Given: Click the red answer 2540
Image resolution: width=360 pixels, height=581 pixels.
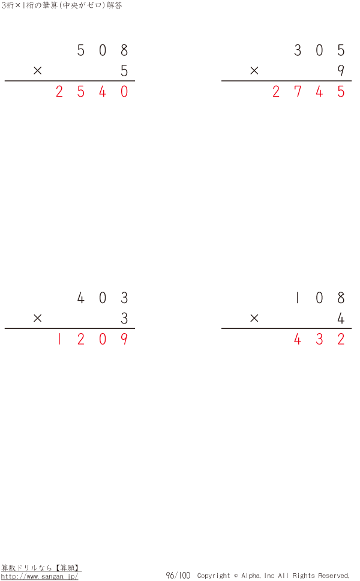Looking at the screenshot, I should point(91,92).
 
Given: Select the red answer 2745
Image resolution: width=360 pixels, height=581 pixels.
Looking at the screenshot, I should point(308,92).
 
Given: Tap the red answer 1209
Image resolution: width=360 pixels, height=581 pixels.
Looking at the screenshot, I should point(91,340).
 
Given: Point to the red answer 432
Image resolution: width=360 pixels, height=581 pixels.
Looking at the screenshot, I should point(319,340).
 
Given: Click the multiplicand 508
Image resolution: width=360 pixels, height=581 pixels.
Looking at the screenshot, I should point(103,50).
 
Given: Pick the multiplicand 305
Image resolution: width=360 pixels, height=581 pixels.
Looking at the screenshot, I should point(319,50).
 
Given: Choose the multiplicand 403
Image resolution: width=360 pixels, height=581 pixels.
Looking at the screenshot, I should point(103,298).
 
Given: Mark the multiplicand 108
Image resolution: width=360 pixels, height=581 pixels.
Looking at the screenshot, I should point(319,298).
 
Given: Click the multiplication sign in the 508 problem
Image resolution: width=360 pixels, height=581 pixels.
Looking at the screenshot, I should point(38,71).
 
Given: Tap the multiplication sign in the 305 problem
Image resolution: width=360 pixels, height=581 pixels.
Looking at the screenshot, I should point(254,71).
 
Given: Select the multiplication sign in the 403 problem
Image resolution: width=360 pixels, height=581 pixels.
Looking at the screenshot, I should point(38,319).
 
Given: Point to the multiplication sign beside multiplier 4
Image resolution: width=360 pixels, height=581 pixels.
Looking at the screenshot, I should point(254,319).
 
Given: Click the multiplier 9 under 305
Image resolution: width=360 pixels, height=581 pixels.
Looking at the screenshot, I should point(341,71).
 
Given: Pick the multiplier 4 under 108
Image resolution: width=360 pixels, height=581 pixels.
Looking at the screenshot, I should point(341,319).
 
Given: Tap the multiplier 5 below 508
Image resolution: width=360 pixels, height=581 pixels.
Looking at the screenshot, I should point(124,71).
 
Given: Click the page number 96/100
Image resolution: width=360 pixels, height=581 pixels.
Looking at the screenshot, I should point(178,576).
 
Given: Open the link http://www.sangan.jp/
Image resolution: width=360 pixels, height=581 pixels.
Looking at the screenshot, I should point(40,576).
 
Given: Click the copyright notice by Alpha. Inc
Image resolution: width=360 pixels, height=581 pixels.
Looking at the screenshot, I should point(273,576).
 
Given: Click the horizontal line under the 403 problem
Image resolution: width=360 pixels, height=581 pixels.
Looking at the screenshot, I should point(70,328).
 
